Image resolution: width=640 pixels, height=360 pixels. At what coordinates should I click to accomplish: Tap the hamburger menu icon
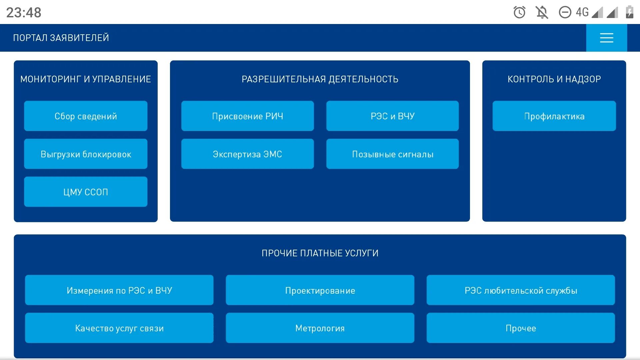(606, 38)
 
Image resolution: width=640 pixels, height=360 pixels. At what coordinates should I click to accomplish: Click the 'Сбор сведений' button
(86, 116)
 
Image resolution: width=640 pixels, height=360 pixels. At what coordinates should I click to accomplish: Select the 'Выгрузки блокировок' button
(86, 154)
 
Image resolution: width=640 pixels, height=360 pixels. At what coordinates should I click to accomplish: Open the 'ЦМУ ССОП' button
(86, 192)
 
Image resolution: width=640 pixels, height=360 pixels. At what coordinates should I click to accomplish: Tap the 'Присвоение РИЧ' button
(247, 116)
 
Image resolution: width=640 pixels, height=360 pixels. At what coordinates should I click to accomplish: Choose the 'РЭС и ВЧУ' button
(392, 116)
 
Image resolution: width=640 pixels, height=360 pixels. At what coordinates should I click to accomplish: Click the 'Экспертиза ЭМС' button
(247, 154)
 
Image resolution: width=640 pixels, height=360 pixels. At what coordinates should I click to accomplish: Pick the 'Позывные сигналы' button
(392, 154)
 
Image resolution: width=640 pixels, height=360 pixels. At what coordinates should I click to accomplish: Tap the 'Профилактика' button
(554, 116)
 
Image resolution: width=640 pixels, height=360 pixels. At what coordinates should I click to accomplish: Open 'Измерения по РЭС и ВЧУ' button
(119, 290)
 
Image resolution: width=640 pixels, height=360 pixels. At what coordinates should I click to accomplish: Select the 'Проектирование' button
(320, 290)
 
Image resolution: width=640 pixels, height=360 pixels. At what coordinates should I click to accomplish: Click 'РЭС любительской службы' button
(521, 290)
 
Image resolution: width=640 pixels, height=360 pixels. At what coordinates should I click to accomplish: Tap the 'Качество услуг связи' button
(119, 328)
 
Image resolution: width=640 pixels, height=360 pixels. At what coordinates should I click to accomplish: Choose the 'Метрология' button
(320, 328)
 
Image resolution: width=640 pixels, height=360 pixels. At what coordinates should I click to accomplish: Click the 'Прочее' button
(521, 328)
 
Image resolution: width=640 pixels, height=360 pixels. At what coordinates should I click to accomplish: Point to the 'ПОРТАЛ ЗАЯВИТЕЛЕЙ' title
(61, 38)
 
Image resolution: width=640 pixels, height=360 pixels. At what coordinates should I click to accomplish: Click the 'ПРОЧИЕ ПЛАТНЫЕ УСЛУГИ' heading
(320, 253)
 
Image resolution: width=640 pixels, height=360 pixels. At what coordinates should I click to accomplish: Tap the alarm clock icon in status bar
(519, 13)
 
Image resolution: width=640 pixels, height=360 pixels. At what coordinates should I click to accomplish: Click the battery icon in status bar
(629, 12)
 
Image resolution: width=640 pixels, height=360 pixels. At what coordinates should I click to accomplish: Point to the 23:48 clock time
(24, 13)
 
